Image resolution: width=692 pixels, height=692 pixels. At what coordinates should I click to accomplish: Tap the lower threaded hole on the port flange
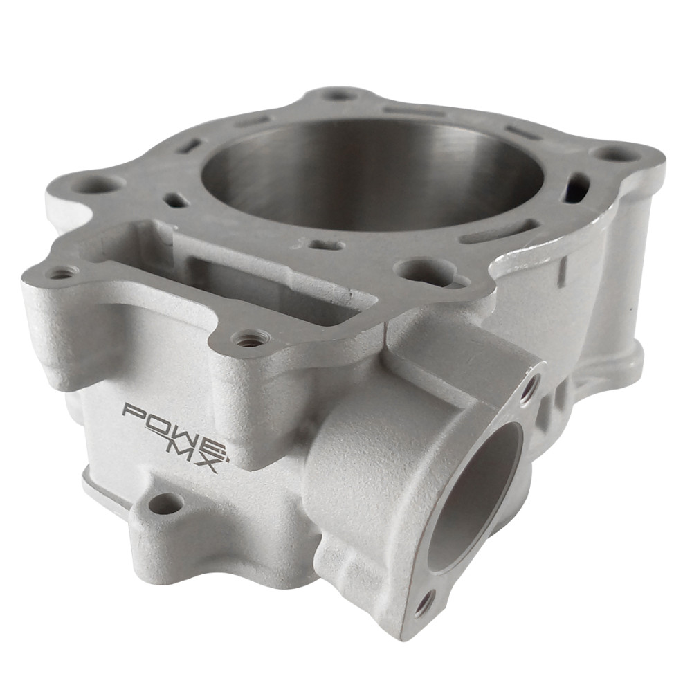coord(423,603)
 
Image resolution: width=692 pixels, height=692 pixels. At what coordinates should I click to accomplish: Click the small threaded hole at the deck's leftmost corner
coord(61,273)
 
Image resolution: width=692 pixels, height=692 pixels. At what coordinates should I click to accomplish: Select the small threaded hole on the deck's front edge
coord(248,339)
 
